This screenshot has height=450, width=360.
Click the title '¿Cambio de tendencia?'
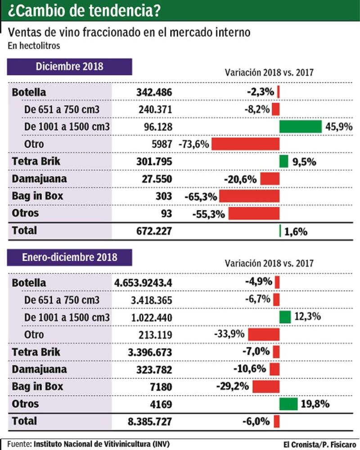tap(84, 10)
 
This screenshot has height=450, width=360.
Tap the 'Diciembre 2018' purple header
tap(69, 67)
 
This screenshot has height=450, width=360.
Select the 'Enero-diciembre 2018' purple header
tap(69, 257)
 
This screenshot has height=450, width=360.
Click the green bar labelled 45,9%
tap(300, 127)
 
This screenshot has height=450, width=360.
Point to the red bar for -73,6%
tap(245, 144)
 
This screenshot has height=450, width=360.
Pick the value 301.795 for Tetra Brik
tap(154, 161)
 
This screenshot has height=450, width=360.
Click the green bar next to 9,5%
tap(283, 161)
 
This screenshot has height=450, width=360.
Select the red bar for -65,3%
tap(249, 196)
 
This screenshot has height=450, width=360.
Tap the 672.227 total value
tap(154, 231)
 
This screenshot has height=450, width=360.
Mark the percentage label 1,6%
tap(296, 232)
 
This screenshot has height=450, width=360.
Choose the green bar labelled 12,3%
tap(285, 317)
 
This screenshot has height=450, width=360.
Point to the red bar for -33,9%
tap(264, 334)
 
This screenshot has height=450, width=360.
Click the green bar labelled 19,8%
tap(288, 404)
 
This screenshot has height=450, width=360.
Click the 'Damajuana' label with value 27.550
tap(40, 179)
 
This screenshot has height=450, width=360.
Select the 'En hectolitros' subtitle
tap(34, 45)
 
